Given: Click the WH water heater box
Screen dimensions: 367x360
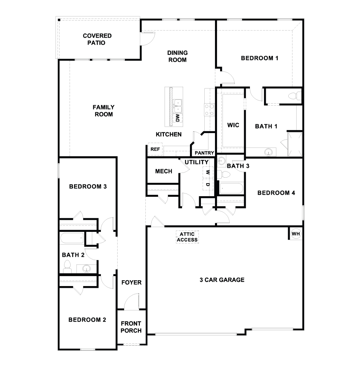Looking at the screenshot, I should click(296, 234).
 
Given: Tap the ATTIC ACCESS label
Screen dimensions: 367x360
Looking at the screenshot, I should click(187, 237).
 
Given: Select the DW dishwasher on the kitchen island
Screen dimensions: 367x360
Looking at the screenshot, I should click(178, 118).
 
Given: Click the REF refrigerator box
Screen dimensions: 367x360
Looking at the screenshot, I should click(155, 149).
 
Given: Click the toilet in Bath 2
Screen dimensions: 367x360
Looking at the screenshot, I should click(67, 267).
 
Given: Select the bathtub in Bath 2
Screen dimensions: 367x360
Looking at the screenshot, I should click(72, 238).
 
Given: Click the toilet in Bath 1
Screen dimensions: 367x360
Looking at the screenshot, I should click(293, 96).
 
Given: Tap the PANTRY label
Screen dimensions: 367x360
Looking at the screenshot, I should click(204, 153).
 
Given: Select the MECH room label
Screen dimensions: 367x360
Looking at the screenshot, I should click(164, 171).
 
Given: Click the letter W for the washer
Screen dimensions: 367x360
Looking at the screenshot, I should click(207, 173).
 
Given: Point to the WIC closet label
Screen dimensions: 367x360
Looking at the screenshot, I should click(233, 125).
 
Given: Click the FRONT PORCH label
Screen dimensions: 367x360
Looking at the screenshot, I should click(131, 327).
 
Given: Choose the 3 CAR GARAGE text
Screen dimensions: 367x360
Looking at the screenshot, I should click(222, 280).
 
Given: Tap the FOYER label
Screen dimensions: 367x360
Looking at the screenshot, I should click(131, 283).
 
